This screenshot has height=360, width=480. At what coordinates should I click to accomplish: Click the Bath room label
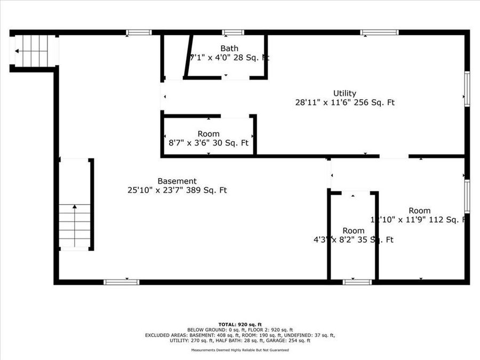pyautogui.click(x=229, y=49)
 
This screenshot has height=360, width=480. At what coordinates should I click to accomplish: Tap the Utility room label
pyautogui.click(x=345, y=93)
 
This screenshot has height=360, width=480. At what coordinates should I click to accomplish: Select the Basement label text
pyautogui.click(x=177, y=181)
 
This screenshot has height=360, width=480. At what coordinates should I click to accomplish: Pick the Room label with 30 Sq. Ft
pyautogui.click(x=208, y=134)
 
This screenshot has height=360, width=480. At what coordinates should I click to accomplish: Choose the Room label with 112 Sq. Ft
pyautogui.click(x=420, y=211)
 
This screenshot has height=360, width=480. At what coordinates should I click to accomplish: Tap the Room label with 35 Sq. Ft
pyautogui.click(x=354, y=230)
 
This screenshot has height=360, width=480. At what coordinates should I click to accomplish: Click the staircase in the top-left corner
pyautogui.click(x=33, y=51)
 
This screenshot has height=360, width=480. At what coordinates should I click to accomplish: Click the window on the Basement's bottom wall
pyautogui.click(x=122, y=282)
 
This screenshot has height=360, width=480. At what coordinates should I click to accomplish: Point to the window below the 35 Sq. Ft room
pyautogui.click(x=357, y=282)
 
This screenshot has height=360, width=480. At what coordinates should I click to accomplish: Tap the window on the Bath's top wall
pyautogui.click(x=233, y=33)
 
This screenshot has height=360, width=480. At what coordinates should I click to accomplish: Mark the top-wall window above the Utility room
pyautogui.click(x=379, y=33)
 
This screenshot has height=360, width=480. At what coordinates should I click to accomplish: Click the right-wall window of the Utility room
pyautogui.click(x=467, y=88)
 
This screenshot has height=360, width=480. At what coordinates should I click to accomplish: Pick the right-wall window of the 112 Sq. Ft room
pyautogui.click(x=467, y=196)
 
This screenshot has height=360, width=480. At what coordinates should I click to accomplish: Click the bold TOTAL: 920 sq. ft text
pyautogui.click(x=240, y=324)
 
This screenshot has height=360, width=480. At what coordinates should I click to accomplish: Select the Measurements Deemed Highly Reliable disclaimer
pyautogui.click(x=240, y=350)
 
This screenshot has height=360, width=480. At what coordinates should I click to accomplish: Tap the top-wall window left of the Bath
pyautogui.click(x=139, y=33)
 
